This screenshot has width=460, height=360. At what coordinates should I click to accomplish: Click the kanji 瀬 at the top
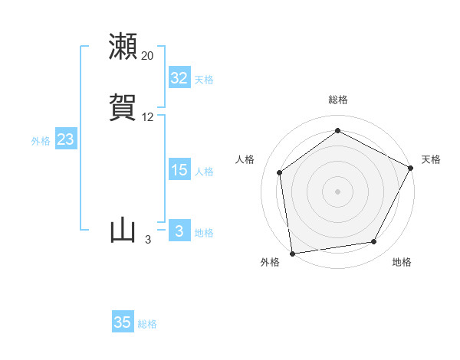[x=123, y=47]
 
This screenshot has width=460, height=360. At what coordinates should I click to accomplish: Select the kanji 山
[x=123, y=231]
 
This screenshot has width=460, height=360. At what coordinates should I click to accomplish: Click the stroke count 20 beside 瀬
[x=148, y=56]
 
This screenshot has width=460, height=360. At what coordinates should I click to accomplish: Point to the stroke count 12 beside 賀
[x=148, y=117]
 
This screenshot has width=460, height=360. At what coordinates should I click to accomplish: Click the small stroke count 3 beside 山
[x=148, y=240]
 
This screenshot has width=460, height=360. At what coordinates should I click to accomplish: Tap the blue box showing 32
[x=179, y=78]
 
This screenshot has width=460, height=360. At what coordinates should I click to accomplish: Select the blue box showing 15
[x=179, y=170]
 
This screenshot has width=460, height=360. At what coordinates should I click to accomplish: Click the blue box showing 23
[x=65, y=139]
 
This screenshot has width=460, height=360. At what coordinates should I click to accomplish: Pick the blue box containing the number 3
[x=179, y=231]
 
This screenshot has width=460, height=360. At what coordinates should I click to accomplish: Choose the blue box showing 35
[x=123, y=322]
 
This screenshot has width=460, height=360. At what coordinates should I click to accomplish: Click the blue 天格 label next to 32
[x=204, y=80]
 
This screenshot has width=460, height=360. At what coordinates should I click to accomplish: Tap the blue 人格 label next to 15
[x=204, y=172]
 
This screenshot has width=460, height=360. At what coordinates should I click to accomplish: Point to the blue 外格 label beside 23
[x=41, y=141]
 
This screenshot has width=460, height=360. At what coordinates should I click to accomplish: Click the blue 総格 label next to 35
[x=147, y=324]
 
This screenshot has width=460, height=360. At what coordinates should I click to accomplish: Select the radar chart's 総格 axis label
[x=337, y=100]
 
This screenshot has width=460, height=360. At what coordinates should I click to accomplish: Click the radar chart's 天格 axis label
[x=432, y=159]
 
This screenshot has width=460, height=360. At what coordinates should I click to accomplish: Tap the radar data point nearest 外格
[x=292, y=253]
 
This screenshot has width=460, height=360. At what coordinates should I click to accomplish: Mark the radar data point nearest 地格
[x=374, y=242]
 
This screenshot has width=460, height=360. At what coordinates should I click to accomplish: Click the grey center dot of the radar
[x=337, y=191]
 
